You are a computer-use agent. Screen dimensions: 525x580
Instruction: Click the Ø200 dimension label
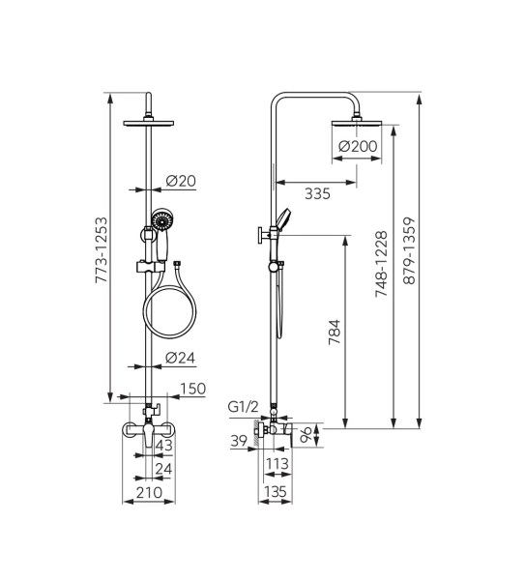click(x=358, y=146)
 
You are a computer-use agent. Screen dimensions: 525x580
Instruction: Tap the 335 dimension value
click(x=317, y=193)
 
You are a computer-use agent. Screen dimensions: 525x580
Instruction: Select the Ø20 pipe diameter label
click(x=181, y=181)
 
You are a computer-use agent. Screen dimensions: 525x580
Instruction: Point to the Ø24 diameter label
click(x=180, y=358)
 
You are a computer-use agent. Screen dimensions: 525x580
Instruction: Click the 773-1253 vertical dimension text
click(x=102, y=250)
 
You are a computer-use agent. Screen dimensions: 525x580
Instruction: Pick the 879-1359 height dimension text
click(x=409, y=250)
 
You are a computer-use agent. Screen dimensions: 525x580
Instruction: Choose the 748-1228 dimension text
click(x=381, y=264)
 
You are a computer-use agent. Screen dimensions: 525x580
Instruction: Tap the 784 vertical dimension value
click(x=335, y=333)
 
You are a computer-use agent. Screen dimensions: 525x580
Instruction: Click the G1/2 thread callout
click(x=243, y=407)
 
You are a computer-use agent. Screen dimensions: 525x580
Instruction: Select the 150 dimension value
click(x=192, y=389)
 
